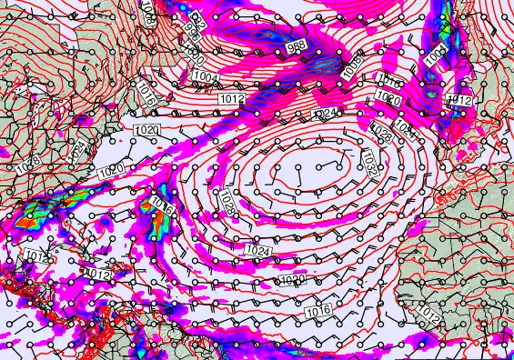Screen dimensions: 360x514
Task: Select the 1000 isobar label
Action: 194,53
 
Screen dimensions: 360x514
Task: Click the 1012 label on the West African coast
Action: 431,316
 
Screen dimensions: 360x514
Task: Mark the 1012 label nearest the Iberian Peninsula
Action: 459,100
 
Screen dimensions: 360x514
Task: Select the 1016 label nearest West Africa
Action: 317,312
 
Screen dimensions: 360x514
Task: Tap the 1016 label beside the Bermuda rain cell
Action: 162,204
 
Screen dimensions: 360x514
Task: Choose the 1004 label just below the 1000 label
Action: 207,78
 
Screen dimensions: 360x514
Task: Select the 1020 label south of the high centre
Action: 294,280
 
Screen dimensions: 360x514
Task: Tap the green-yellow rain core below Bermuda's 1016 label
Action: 151,221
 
